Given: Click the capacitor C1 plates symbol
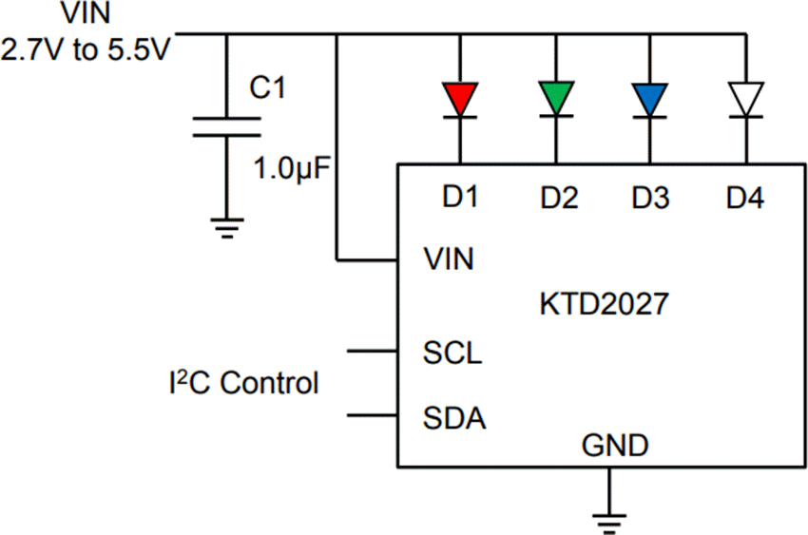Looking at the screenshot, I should pyautogui.click(x=226, y=127).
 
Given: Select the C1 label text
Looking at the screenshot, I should pyautogui.click(x=267, y=88).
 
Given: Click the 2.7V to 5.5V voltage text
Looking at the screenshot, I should pyautogui.click(x=86, y=49).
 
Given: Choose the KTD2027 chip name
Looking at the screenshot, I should pyautogui.click(x=604, y=306).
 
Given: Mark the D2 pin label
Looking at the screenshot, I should pyautogui.click(x=559, y=199).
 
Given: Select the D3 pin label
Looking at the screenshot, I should pyautogui.click(x=651, y=199).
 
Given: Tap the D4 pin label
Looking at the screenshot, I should pyautogui.click(x=745, y=199).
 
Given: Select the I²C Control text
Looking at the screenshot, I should pyautogui.click(x=240, y=384).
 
